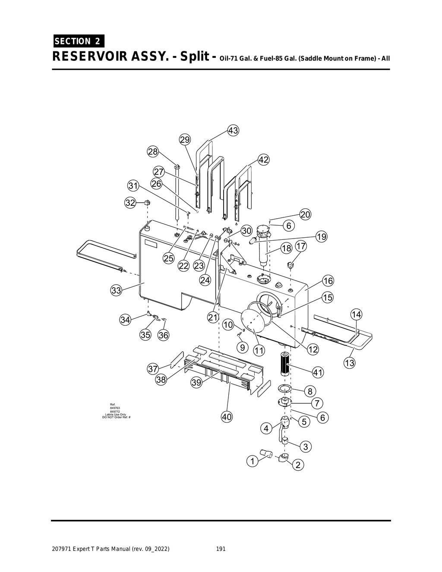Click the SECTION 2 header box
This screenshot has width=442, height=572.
[x=78, y=41]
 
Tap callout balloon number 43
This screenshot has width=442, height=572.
[x=233, y=130]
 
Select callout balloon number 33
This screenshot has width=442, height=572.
[x=116, y=290]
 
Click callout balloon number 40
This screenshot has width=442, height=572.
[x=227, y=417]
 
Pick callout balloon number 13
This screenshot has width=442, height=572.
[x=349, y=363]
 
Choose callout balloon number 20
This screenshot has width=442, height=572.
[x=305, y=214]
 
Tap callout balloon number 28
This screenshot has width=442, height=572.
[x=153, y=151]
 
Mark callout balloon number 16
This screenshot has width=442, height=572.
[x=328, y=281]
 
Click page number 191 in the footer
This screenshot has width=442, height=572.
[x=221, y=549]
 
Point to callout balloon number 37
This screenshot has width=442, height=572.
[x=153, y=369]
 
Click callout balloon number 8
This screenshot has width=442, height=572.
[x=310, y=391]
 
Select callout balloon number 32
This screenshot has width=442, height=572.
[x=130, y=202]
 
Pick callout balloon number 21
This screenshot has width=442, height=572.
[x=213, y=317]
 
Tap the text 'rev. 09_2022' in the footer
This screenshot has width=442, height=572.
[x=151, y=549]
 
